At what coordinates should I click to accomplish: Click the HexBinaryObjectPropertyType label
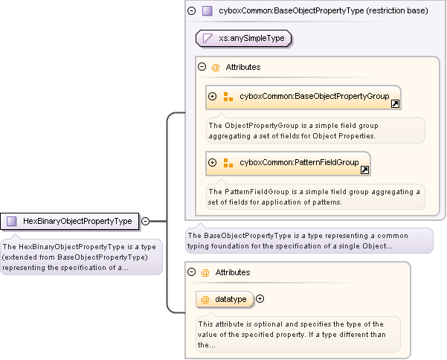(x=77, y=221)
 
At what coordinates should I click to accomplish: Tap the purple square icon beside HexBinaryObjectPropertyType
(x=12, y=221)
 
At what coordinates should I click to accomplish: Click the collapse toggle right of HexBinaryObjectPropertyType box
(x=145, y=221)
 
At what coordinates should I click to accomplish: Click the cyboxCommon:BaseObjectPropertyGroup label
(x=314, y=97)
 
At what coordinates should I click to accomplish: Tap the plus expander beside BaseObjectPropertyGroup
(x=213, y=97)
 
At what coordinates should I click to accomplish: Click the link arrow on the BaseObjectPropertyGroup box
(x=395, y=104)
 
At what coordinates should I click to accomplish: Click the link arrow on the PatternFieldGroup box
(x=364, y=170)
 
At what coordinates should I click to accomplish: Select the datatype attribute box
(x=225, y=299)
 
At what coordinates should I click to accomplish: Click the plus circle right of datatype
(x=260, y=299)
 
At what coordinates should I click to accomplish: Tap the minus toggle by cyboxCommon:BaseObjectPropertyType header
(x=192, y=11)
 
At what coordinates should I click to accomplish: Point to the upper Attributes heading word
(x=242, y=67)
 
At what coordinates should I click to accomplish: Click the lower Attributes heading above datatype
(x=232, y=273)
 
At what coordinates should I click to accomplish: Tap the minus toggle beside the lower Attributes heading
(x=191, y=273)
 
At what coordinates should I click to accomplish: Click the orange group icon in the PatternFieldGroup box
(x=228, y=162)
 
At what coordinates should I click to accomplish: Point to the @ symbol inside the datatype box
(x=205, y=299)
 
